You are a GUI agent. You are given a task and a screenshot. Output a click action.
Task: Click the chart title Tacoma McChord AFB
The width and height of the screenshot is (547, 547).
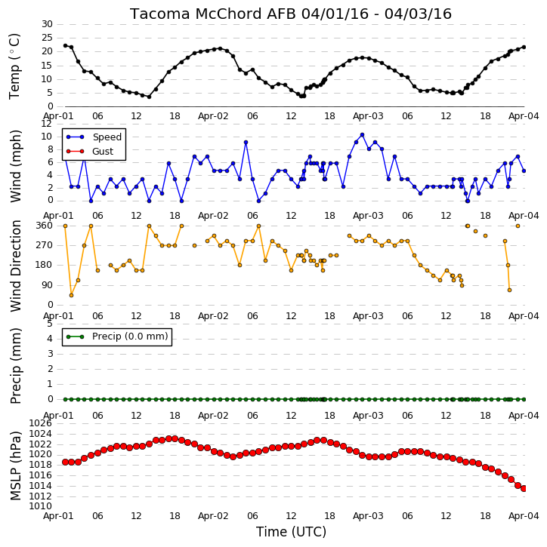[213, 14]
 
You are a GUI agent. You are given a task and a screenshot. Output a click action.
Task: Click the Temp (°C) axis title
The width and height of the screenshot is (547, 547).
[14, 66]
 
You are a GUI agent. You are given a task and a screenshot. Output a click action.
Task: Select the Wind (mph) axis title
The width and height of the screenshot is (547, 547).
[15, 167]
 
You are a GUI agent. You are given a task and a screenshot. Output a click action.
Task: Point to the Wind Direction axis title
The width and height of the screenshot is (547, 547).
[15, 266]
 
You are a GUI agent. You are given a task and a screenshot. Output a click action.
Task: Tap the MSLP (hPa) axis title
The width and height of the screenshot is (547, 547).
[15, 466]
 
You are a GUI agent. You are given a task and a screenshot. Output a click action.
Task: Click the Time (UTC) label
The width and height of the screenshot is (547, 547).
[291, 532]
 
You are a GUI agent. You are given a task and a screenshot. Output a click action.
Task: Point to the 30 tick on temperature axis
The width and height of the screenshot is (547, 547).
[47, 24]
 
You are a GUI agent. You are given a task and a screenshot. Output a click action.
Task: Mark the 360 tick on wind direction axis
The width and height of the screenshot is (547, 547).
[45, 226]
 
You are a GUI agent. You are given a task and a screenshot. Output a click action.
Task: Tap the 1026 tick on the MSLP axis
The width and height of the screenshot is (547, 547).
[40, 423]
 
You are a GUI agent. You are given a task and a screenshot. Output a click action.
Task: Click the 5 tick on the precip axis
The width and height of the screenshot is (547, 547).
[50, 324]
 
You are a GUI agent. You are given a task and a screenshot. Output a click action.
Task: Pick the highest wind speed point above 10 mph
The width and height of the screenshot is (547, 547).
[362, 135]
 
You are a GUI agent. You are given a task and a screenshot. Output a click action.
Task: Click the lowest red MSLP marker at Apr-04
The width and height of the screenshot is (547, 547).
[524, 488]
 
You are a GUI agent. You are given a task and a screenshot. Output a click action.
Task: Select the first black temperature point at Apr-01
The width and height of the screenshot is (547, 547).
[65, 46]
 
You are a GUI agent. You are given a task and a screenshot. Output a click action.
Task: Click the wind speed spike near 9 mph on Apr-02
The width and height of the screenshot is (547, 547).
[246, 143]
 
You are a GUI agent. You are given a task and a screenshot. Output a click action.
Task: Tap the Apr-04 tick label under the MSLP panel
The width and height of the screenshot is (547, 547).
[524, 515]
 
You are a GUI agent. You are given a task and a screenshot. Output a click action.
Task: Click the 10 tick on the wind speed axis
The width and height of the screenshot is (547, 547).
[47, 137]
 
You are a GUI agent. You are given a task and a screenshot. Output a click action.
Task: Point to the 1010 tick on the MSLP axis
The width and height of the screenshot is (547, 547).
[40, 506]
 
